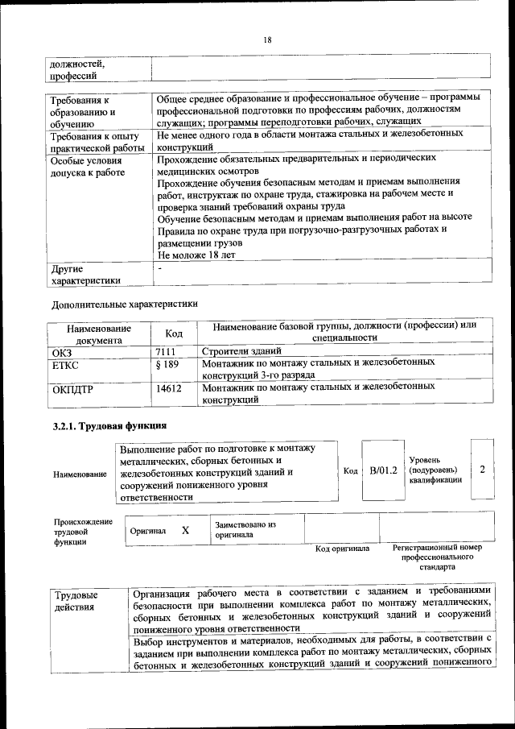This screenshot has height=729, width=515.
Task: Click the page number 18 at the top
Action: point(267,40)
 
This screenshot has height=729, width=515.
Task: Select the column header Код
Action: point(174,333)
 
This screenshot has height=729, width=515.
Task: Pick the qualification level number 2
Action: point(481,469)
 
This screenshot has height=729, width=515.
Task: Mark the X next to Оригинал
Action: point(185,531)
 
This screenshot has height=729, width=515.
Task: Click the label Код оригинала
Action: point(342,549)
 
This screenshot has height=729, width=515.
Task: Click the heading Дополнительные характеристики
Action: point(124,304)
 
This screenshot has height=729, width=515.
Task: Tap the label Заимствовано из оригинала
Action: point(245,529)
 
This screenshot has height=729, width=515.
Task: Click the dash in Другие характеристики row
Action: point(160,267)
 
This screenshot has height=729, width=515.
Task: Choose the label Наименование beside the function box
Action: point(80,475)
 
